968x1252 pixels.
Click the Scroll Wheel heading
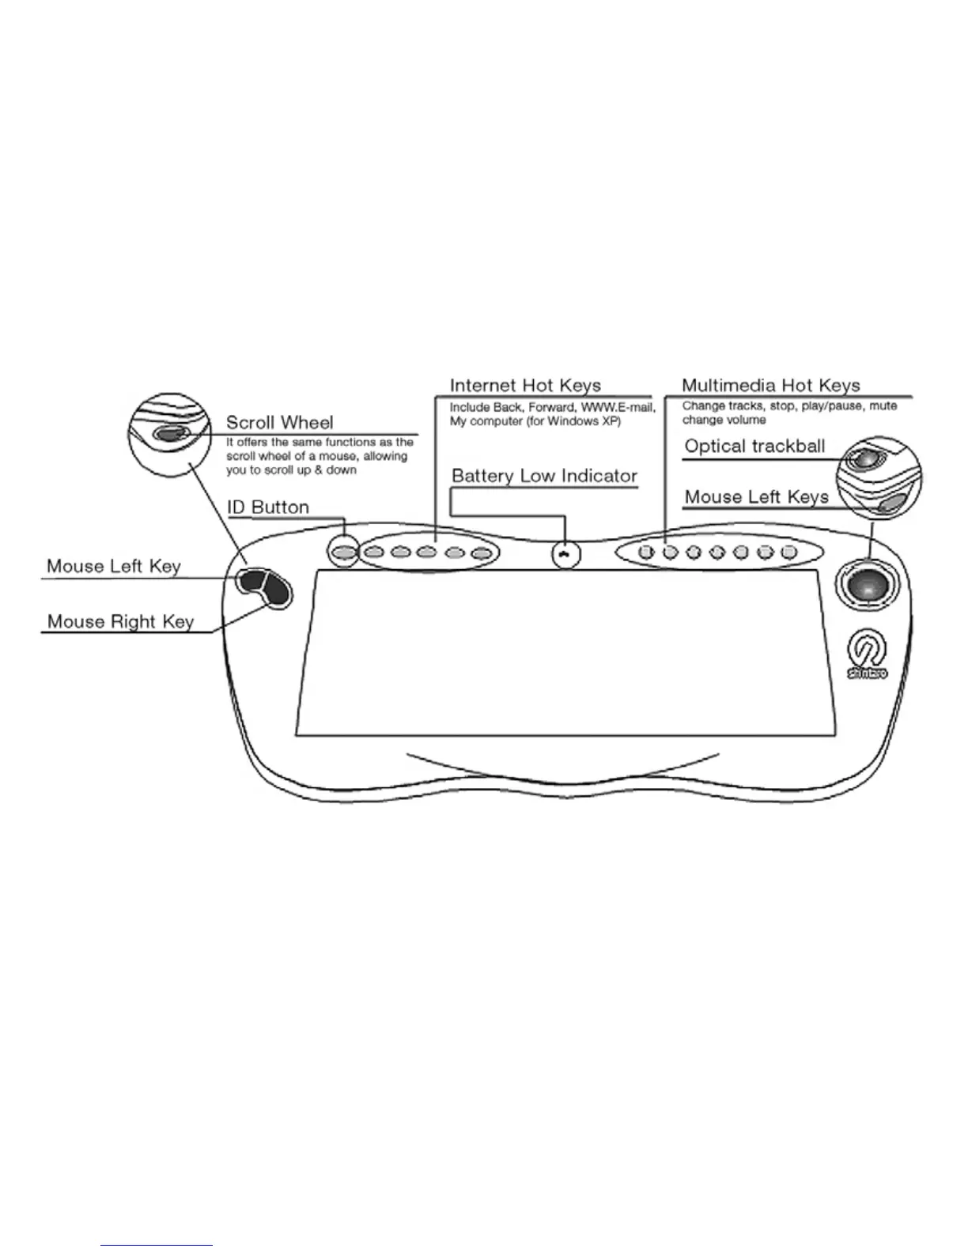(x=279, y=423)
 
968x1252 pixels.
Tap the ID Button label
(x=268, y=507)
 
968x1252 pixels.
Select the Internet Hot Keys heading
(x=525, y=386)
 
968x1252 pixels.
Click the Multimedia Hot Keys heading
(x=770, y=386)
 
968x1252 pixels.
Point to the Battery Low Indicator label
(x=544, y=476)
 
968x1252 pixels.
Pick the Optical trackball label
(x=754, y=447)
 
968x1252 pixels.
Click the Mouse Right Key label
(x=120, y=621)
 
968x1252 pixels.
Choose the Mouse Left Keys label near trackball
(x=756, y=497)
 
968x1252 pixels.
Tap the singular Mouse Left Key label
(x=114, y=566)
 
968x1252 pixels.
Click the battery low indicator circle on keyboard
(x=565, y=554)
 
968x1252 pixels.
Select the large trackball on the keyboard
(x=866, y=586)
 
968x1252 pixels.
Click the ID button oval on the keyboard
(x=343, y=553)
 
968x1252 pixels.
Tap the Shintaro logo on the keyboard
(x=867, y=656)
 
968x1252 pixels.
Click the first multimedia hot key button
(x=646, y=552)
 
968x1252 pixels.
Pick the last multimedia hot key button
(x=788, y=552)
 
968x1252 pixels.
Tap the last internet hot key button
(x=480, y=553)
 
